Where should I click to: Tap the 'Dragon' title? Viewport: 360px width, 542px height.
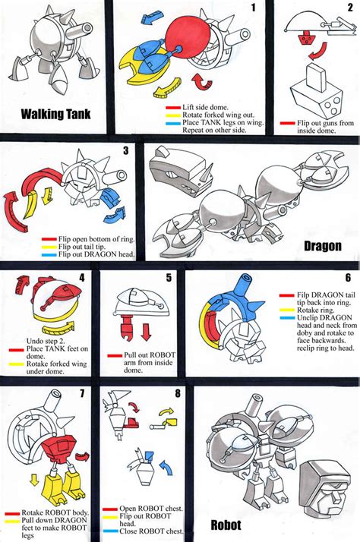(x=321, y=246)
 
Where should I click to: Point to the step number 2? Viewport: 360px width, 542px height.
(x=349, y=8)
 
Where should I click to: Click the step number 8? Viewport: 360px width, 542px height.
(x=177, y=394)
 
